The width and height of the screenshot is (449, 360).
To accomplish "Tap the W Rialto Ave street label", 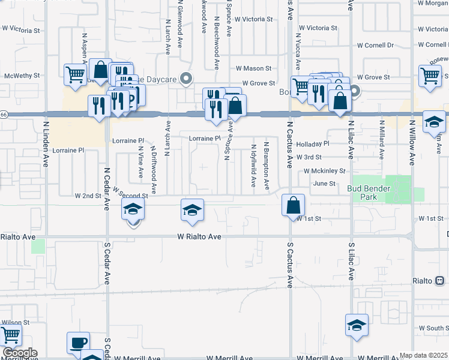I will point(199,237).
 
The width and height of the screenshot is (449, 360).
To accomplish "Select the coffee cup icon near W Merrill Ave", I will point(78,343).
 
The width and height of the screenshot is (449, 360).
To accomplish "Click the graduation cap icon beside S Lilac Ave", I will point(357,325).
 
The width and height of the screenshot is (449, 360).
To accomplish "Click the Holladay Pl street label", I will point(313,144).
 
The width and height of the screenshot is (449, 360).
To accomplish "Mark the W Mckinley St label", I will point(325,171).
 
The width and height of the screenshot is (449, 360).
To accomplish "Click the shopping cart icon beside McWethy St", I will point(75,75).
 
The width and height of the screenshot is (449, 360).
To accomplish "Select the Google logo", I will point(19,353).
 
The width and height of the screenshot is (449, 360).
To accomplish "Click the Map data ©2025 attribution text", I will point(423,355).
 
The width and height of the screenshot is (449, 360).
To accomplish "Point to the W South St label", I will point(434,328).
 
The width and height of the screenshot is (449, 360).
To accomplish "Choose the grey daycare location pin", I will point(187,78).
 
